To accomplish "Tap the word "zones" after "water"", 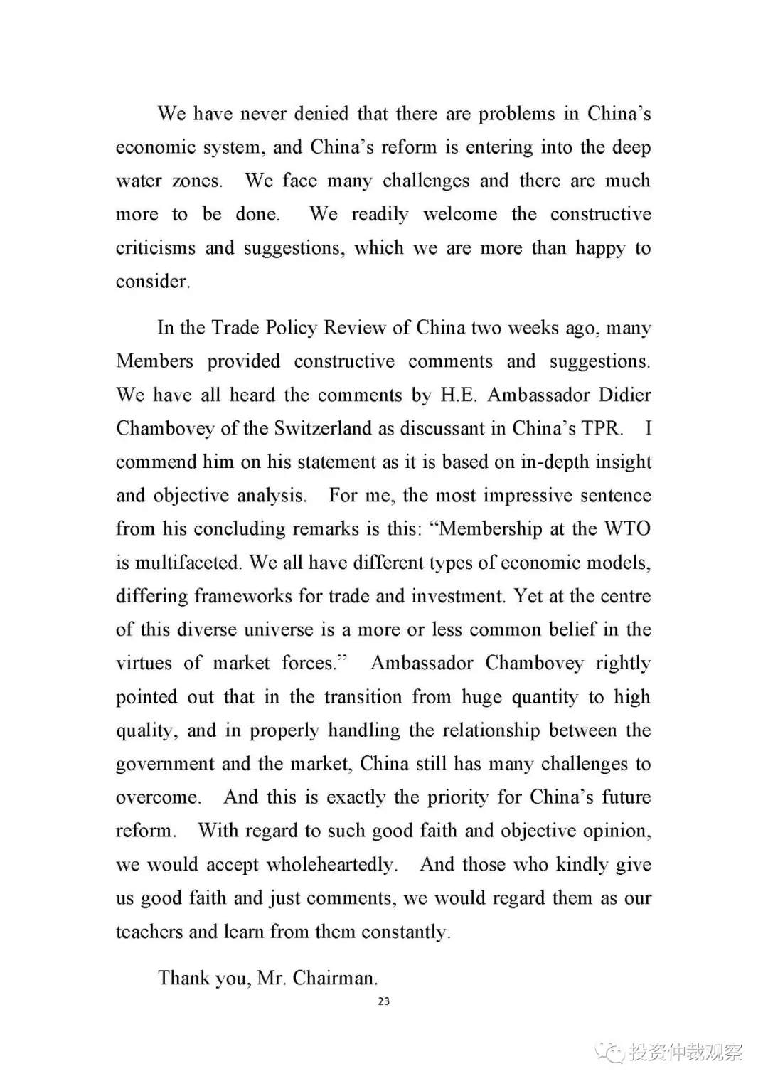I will click(196, 181).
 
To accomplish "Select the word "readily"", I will click(380, 214).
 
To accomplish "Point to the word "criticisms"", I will click(156, 247).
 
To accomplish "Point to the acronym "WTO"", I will click(627, 528).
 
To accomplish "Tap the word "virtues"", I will click(144, 663).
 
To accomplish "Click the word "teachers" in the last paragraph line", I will click(149, 932).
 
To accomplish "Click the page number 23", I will click(384, 1001).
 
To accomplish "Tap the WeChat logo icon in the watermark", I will click(609, 1052).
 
